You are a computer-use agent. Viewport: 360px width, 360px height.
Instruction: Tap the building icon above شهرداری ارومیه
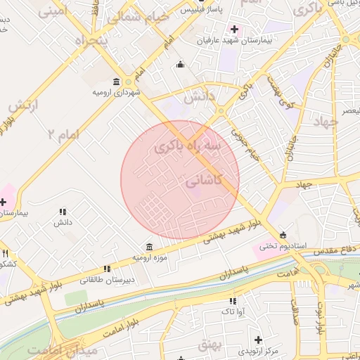(x=117, y=82)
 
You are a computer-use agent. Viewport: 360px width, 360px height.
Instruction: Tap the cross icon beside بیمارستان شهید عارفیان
(x=234, y=30)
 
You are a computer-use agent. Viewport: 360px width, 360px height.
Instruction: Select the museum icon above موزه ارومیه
(x=150, y=247)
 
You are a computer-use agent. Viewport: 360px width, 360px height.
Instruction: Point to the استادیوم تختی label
(x=280, y=246)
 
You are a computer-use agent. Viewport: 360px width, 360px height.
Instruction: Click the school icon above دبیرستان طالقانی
(x=107, y=268)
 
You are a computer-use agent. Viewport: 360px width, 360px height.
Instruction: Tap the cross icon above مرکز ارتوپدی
(x=259, y=340)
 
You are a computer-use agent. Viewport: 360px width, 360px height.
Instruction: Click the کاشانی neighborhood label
(x=204, y=181)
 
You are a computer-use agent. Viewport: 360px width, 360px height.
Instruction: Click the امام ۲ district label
(x=63, y=133)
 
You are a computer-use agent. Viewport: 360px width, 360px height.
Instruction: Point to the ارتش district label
(x=22, y=105)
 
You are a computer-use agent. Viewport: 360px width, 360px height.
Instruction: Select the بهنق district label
(x=209, y=344)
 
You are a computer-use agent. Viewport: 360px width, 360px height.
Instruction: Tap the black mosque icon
(x=181, y=65)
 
